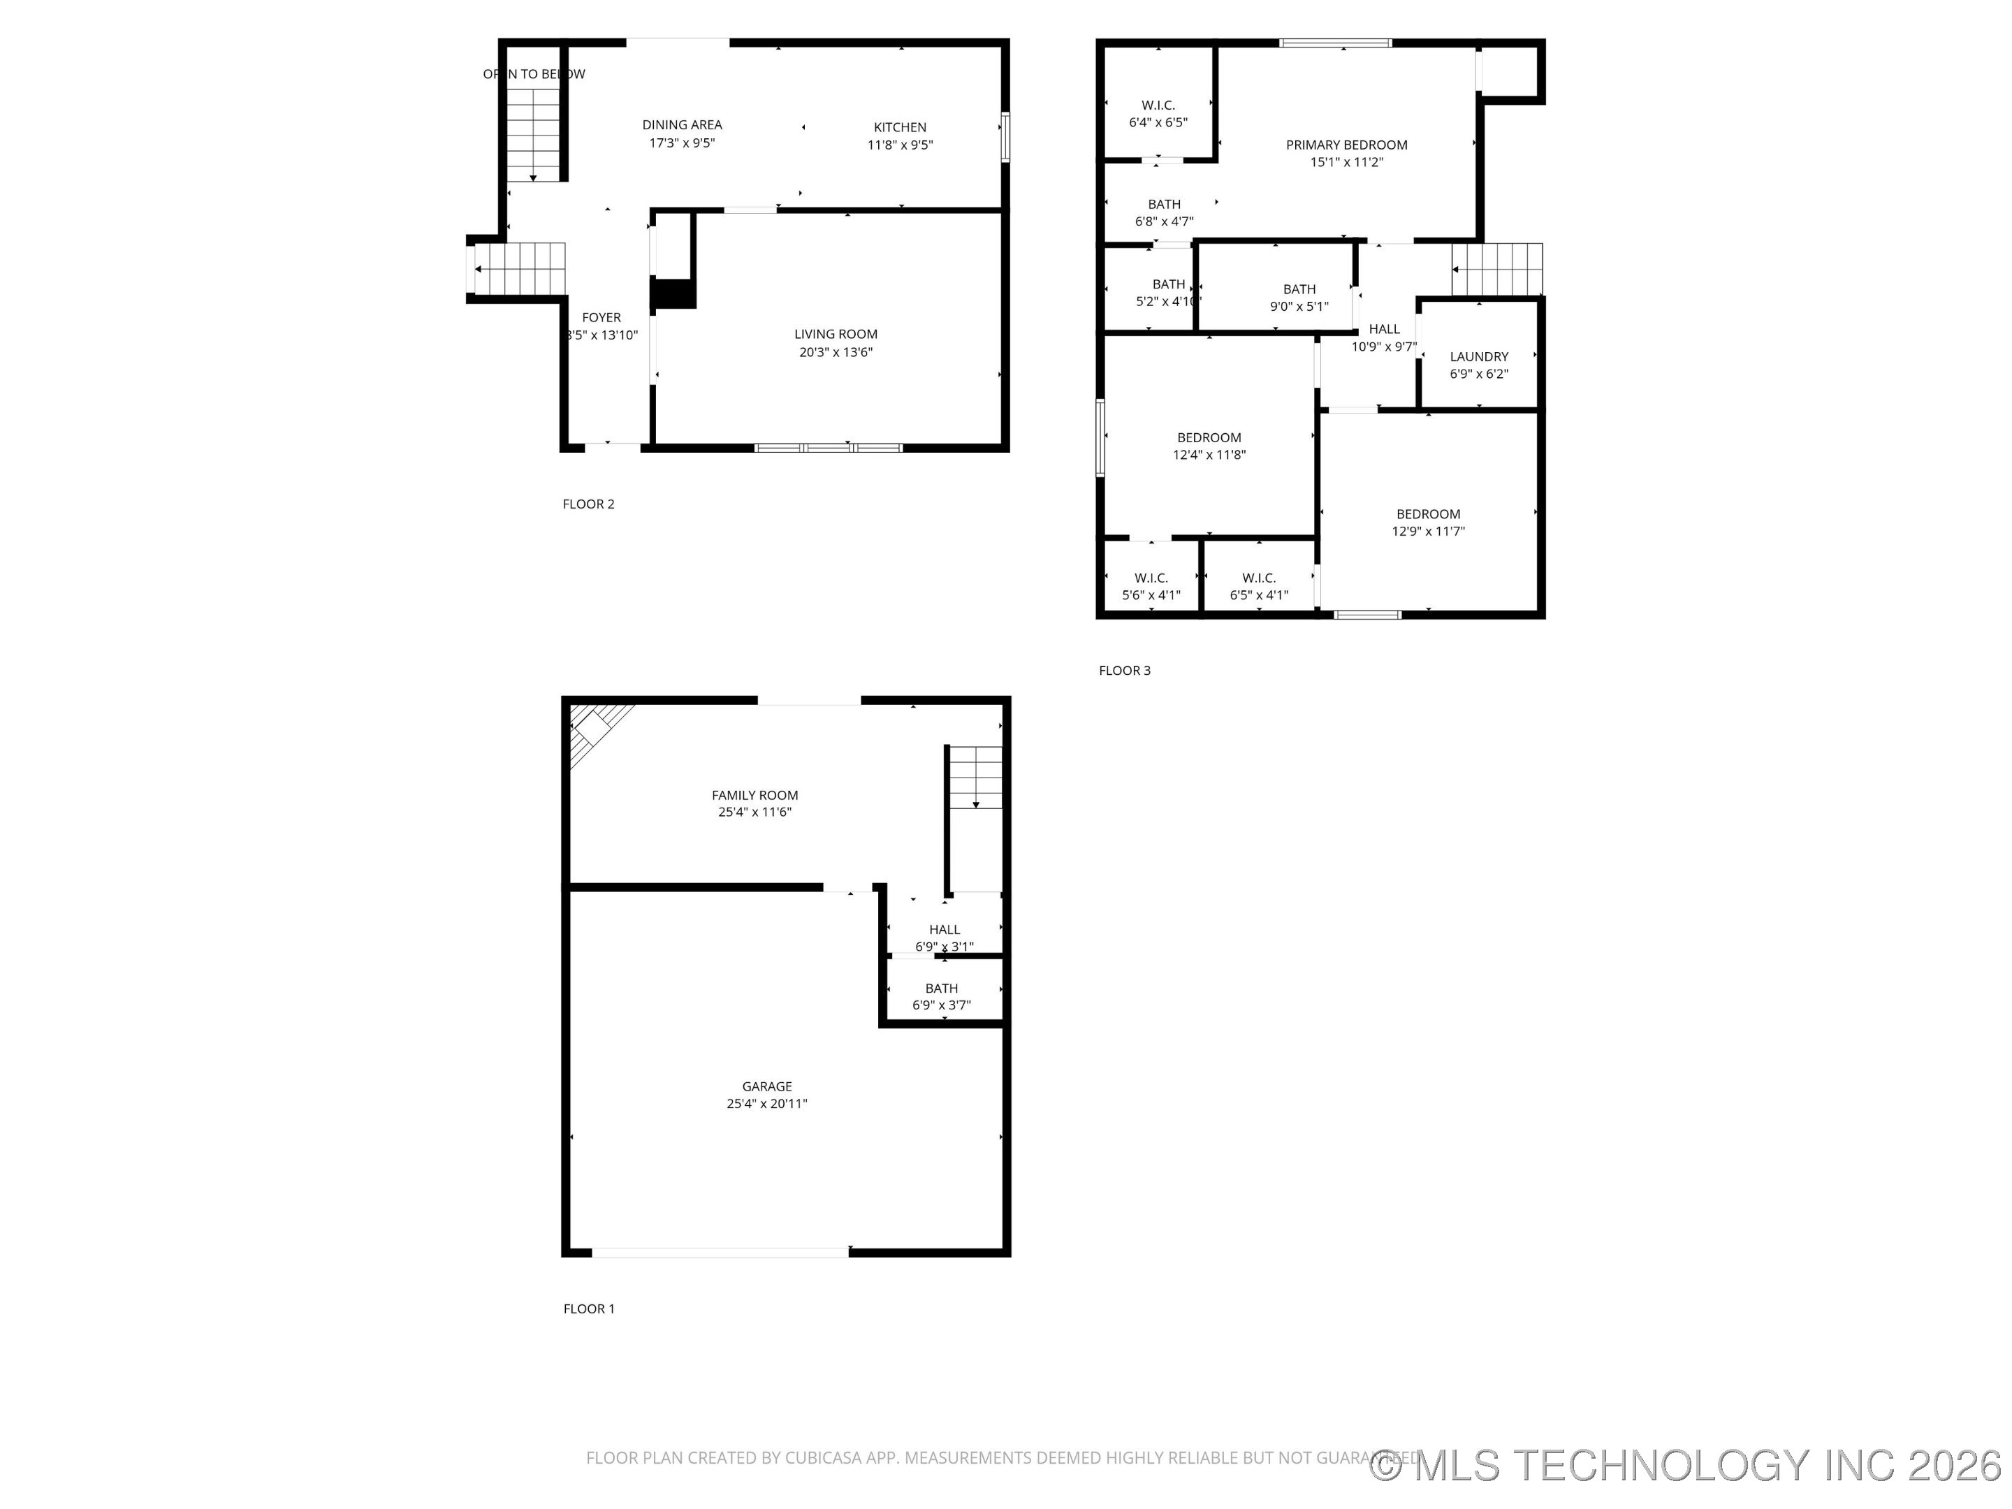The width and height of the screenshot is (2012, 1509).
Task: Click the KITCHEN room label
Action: click(x=900, y=127)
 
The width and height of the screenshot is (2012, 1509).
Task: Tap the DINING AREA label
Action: click(x=681, y=124)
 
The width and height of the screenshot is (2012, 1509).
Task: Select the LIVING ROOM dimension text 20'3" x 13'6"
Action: click(x=835, y=352)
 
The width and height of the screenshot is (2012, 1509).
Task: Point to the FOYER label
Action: click(x=602, y=317)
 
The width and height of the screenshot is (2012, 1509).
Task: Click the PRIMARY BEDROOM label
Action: click(x=1346, y=145)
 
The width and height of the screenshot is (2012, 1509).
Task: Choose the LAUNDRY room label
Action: click(x=1478, y=356)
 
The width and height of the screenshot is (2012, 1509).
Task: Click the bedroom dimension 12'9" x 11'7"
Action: click(x=1428, y=531)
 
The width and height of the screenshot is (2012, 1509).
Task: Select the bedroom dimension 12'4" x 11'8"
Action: click(x=1209, y=455)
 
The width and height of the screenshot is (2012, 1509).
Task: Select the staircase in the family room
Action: click(x=975, y=778)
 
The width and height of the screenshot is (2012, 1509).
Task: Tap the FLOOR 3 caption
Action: click(x=1124, y=671)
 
